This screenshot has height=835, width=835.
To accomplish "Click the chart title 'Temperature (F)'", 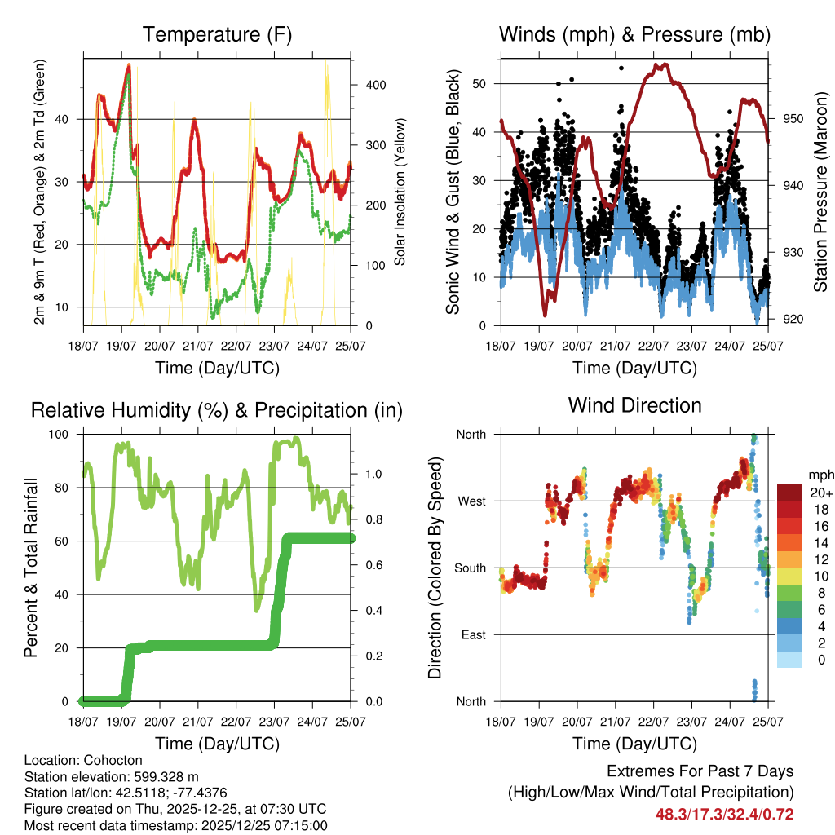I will point(217,35).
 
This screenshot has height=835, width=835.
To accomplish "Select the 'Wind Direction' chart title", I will point(634,405).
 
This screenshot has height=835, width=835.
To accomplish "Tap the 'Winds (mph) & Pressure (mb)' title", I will point(634,35).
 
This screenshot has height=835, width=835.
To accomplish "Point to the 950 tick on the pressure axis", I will point(792,118).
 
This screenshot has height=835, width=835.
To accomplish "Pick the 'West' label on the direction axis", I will point(471,501).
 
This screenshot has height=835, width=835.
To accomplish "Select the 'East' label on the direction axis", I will point(472,634).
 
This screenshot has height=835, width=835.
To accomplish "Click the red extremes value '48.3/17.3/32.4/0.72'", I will point(724,814).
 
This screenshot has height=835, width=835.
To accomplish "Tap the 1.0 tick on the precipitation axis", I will point(373,474).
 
